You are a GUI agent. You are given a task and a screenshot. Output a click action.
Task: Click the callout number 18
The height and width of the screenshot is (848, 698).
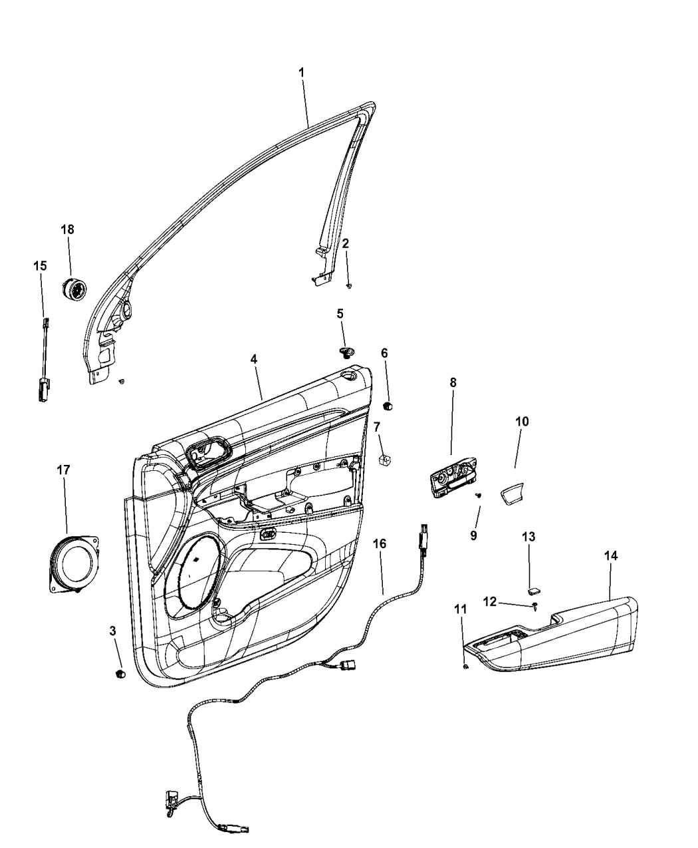click(67, 229)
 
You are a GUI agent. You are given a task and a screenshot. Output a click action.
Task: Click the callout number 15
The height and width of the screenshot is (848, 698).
click(40, 266)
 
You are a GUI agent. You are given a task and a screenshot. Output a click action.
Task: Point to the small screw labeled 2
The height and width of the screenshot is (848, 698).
click(349, 286)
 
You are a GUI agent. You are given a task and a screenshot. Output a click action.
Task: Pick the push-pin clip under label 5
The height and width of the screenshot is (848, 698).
click(346, 352)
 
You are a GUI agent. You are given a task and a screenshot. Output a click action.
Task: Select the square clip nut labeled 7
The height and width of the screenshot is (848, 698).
click(383, 460)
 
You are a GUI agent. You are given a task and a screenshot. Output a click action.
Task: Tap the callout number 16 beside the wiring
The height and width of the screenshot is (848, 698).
click(379, 543)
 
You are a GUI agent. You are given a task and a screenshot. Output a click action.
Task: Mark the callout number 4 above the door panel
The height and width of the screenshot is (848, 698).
click(254, 358)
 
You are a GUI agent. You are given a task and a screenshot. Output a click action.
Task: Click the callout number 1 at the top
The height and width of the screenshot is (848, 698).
click(301, 72)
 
